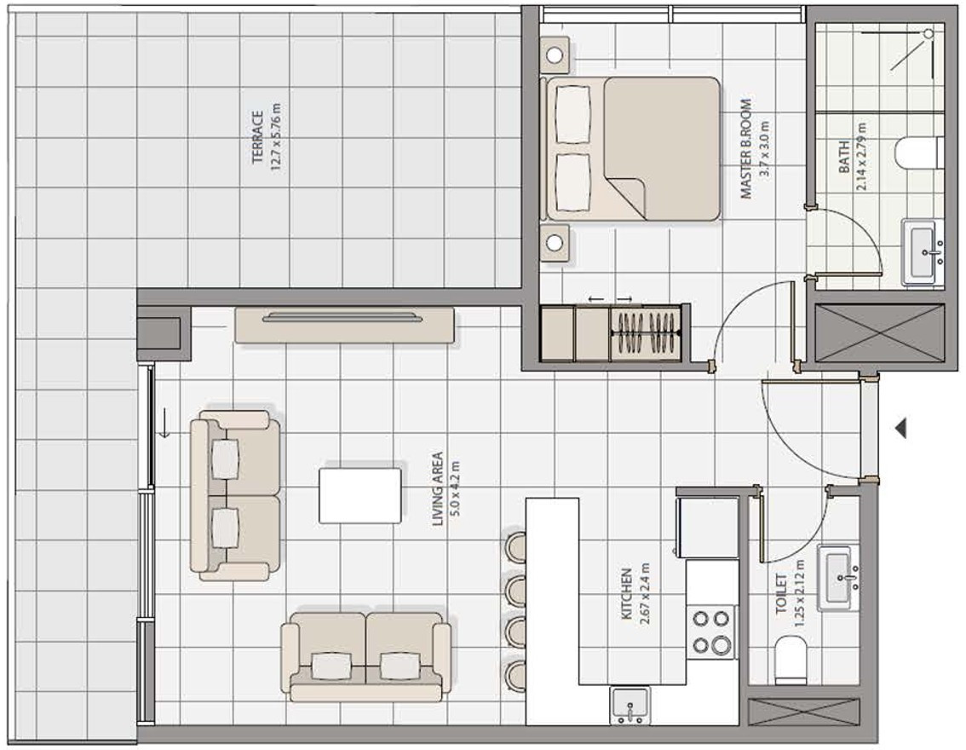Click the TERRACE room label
tap(257, 137)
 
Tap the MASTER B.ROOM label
tap(746, 148)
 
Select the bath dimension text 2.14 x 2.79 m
tap(860, 157)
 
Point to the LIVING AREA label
tap(437, 488)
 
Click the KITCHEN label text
tap(627, 594)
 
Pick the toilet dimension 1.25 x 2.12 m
tap(799, 593)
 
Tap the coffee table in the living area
tap(359, 495)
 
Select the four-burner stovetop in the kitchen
tap(711, 632)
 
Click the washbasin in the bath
tap(923, 251)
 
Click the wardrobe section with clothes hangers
tap(647, 332)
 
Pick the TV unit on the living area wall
tap(344, 325)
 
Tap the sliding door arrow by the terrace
tap(164, 422)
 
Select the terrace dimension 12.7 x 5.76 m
tap(275, 137)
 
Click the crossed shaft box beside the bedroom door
tap(879, 332)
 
